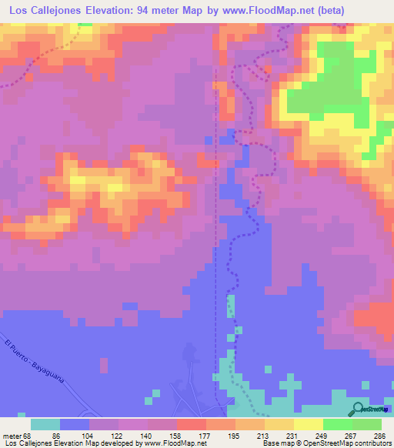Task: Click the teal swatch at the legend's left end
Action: pyautogui.click(x=45, y=424)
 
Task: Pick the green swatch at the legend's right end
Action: pyautogui.click(x=367, y=424)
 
